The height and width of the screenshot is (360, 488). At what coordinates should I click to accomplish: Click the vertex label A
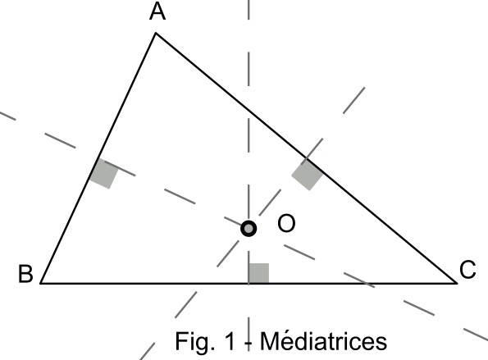(x=157, y=12)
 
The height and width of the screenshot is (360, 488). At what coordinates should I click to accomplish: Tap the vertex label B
(x=25, y=274)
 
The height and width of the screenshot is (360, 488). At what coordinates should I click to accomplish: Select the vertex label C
(x=467, y=270)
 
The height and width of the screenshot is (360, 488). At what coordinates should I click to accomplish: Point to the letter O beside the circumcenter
(x=286, y=223)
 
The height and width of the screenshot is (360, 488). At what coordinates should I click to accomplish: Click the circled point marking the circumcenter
(x=249, y=229)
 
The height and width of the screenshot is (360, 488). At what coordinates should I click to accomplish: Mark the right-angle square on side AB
(x=104, y=173)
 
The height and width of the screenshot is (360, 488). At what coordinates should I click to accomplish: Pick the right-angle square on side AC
(x=308, y=175)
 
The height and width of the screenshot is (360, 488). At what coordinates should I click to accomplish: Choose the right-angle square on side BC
(x=258, y=273)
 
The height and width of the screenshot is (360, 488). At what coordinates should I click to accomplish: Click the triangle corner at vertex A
(x=156, y=33)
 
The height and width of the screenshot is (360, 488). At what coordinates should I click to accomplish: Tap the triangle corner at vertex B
(x=40, y=283)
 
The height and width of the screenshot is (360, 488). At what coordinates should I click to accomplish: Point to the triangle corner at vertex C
(x=457, y=283)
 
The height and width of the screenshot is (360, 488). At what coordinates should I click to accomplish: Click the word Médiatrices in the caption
(x=323, y=341)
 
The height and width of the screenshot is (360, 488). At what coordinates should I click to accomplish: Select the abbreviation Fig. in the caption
(x=195, y=342)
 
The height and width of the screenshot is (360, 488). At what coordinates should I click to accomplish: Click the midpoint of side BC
(x=249, y=283)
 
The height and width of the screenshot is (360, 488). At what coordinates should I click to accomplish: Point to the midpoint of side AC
(x=306, y=158)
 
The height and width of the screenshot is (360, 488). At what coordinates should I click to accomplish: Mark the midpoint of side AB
(x=98, y=158)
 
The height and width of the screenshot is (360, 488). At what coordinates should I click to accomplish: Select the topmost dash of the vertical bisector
(x=249, y=10)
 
